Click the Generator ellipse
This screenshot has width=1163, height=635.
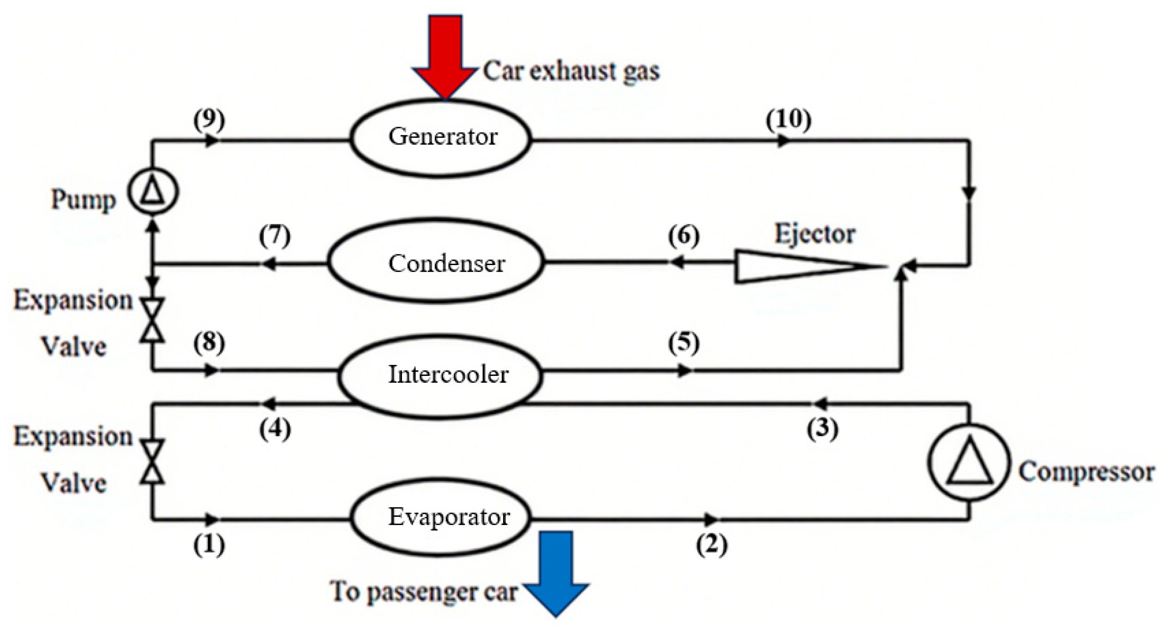click(441, 138)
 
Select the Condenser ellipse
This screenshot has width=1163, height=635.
click(436, 262)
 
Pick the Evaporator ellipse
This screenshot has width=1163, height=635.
click(441, 517)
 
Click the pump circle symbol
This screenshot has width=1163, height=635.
click(153, 192)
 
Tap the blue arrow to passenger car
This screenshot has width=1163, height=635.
click(556, 573)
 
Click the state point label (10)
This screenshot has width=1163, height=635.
click(788, 120)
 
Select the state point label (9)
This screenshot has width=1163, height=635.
click(209, 120)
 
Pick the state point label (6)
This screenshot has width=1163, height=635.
click(683, 236)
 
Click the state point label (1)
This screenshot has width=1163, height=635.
click(209, 546)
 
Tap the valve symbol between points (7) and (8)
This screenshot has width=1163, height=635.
click(152, 320)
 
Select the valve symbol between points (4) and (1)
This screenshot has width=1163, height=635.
click(152, 462)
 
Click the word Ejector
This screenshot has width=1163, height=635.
click(815, 234)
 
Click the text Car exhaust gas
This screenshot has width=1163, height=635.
click(571, 72)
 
